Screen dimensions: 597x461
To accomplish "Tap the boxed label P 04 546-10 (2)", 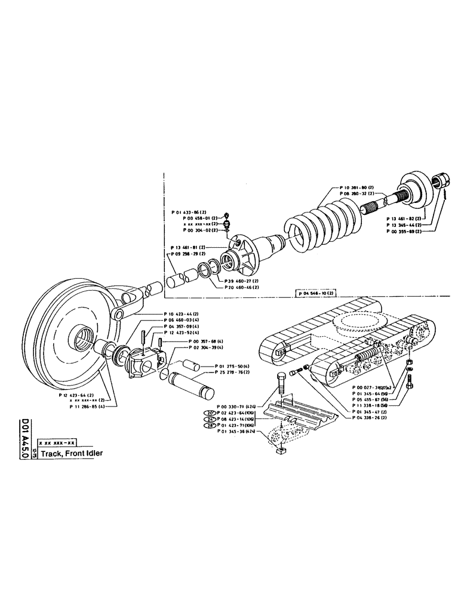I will pos(316,293).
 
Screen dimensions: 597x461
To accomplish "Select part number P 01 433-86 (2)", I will pos(189,212).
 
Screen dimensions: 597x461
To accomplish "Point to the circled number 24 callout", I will pos(210,419).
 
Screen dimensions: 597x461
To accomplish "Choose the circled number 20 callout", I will pos(210,413).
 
